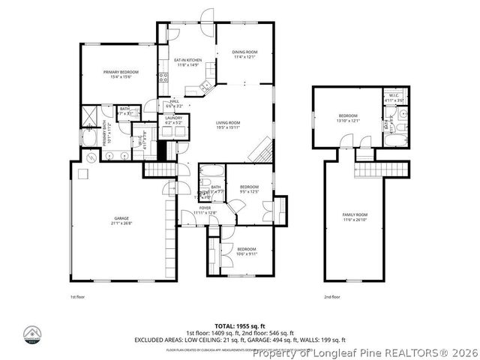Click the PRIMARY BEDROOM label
click(121, 73)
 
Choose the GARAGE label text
click(115, 220)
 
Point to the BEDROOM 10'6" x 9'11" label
click(247, 250)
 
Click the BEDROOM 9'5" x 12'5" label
click(248, 188)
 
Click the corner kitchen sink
click(206, 88)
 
